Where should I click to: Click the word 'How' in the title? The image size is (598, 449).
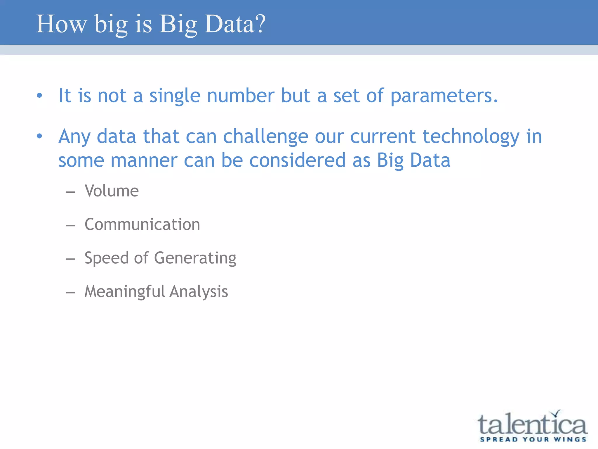tap(62, 24)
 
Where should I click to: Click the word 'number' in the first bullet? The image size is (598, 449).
tap(241, 96)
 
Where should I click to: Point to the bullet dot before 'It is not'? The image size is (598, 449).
tap(40, 95)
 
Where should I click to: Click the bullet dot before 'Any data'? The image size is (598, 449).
tap(40, 136)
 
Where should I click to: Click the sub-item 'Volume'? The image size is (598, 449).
tap(112, 191)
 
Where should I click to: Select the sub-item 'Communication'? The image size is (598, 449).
tap(142, 224)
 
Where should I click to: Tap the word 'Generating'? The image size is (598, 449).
tap(195, 258)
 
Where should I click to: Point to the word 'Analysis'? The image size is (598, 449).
tap(199, 292)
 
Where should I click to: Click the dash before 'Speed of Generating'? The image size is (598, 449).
tap(70, 259)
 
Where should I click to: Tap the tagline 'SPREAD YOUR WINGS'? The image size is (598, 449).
tap(533, 439)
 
